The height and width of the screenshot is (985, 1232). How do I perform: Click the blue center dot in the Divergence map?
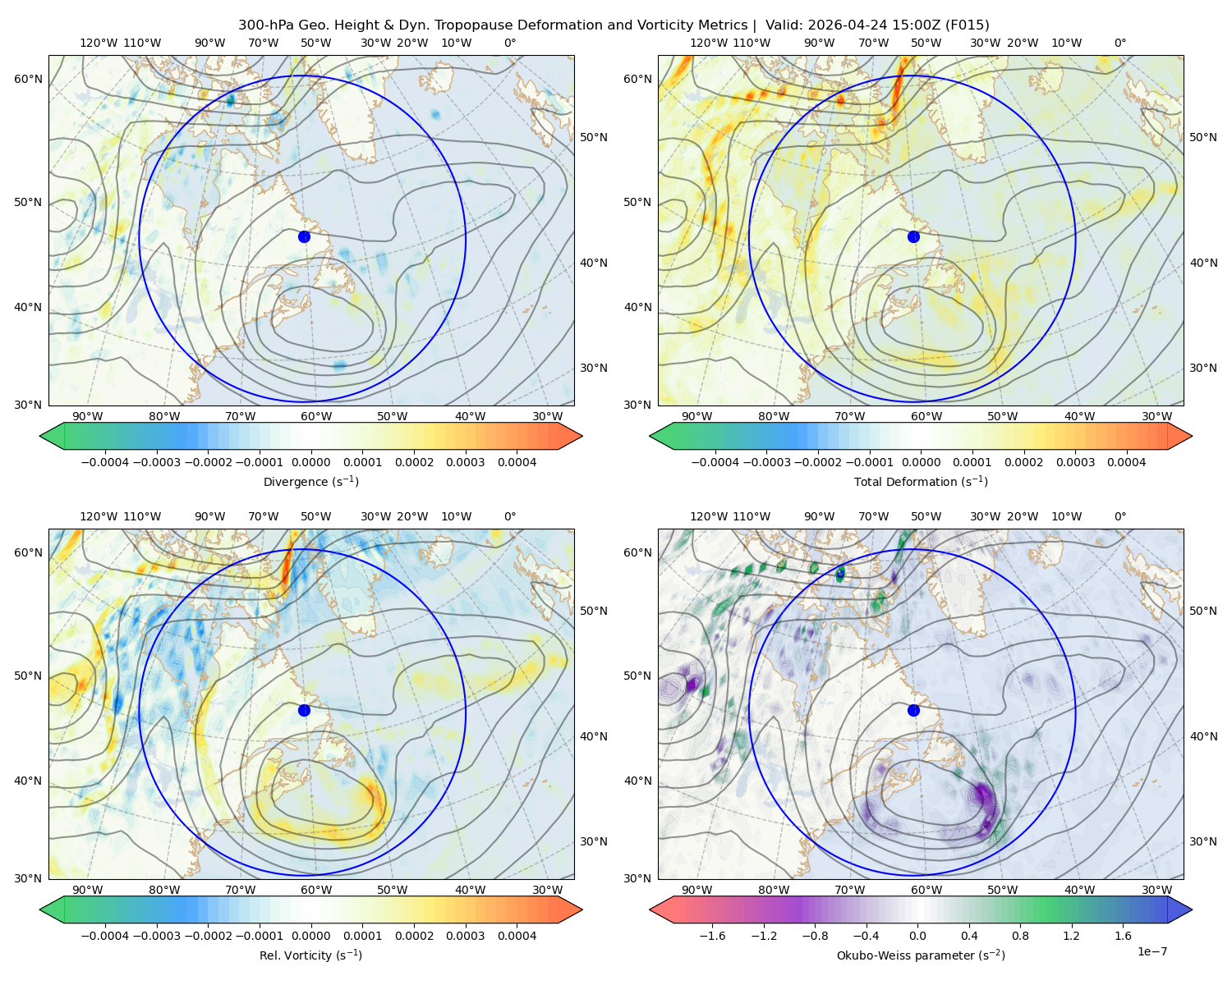[304, 236]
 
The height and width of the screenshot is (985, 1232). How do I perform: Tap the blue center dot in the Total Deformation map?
[913, 236]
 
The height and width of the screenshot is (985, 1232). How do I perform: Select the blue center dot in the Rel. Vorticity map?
[304, 710]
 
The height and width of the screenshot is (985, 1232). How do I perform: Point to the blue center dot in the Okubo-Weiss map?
[913, 710]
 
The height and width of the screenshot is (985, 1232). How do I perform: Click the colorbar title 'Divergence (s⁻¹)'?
[310, 481]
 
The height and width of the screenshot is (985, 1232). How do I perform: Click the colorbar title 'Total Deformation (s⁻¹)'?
[921, 481]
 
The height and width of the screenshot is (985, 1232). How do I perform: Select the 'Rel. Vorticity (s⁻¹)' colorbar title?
[310, 955]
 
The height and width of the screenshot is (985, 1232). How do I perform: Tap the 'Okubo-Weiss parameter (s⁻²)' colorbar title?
[921, 955]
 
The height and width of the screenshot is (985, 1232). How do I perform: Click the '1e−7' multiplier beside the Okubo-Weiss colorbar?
[1152, 951]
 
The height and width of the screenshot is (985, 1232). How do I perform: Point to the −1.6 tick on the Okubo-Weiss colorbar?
[712, 935]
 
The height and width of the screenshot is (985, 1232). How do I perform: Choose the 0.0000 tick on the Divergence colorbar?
[310, 462]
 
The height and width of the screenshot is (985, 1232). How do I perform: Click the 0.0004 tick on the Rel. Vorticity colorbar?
[517, 935]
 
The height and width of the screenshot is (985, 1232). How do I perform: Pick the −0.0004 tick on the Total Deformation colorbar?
[715, 462]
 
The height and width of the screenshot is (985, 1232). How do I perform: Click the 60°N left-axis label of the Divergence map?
[28, 79]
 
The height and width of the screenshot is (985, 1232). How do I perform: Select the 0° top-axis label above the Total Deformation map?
[1119, 43]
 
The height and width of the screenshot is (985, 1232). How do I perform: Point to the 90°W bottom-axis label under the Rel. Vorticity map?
[87, 890]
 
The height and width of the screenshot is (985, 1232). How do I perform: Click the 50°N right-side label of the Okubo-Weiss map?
[1203, 611]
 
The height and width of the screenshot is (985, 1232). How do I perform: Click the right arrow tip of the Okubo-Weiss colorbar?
[1192, 909]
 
